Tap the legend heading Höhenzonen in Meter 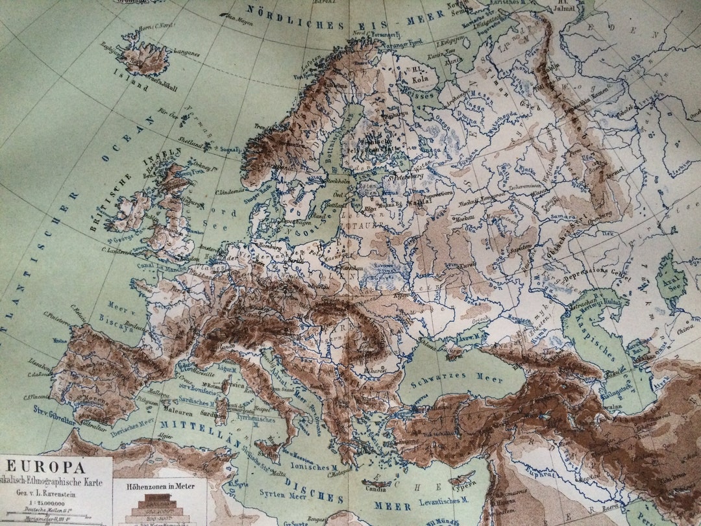[160, 484]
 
